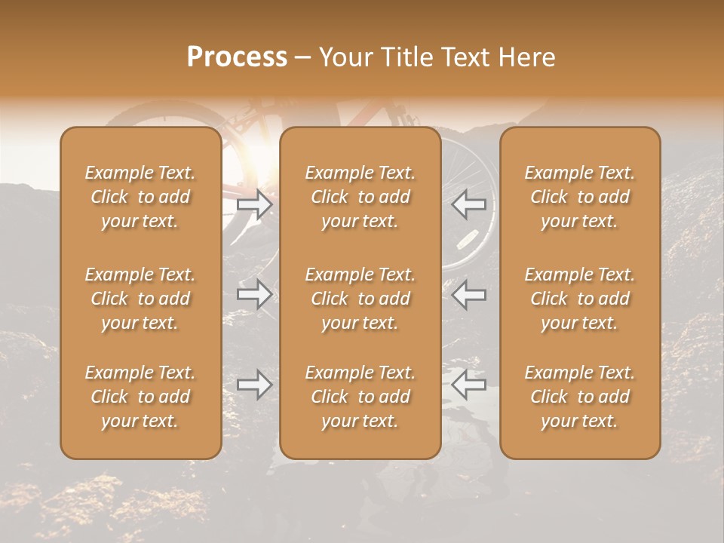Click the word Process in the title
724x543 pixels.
(237, 57)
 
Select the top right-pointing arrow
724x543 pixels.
(255, 204)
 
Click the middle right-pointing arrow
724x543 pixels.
(255, 294)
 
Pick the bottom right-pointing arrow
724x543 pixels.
(255, 385)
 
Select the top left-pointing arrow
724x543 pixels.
(469, 204)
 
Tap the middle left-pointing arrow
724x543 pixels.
(469, 294)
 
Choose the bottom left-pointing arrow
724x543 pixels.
(469, 385)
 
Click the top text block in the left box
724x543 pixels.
(140, 197)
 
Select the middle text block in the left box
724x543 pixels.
(140, 299)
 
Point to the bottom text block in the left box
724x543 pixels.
(140, 397)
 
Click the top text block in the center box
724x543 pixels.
(360, 197)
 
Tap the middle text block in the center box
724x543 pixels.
(360, 299)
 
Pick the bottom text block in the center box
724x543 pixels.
(360, 397)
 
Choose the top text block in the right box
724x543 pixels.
(580, 197)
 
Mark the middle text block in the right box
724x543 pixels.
(580, 299)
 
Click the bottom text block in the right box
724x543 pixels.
(580, 397)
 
